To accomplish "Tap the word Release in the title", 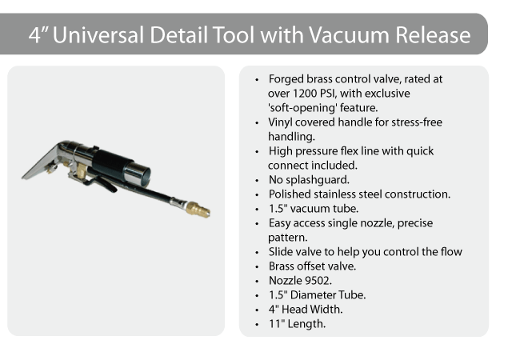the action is (433, 35).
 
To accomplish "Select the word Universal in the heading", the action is (98, 35).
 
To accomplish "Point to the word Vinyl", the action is (281, 122).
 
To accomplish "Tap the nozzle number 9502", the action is (318, 281).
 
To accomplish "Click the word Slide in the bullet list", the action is (279, 252).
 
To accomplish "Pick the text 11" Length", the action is (297, 324).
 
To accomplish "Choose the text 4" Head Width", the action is (306, 310).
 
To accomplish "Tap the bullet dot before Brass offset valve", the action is (257, 267).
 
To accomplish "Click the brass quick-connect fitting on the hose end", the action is (198, 209).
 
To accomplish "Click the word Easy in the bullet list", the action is (280, 223).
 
